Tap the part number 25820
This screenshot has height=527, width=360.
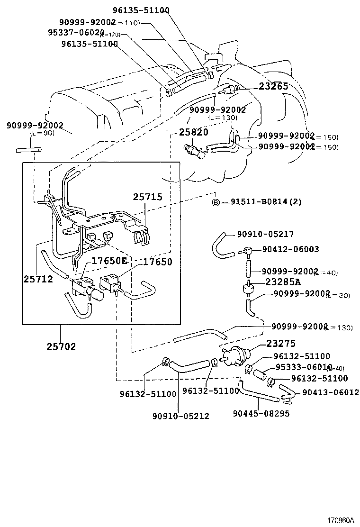pos(193,132)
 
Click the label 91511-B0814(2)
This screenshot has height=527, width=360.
pos(266,202)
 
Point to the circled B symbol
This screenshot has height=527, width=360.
pos(216,202)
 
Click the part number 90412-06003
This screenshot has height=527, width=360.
pos(291,249)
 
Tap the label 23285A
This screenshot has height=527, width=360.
pos(283,282)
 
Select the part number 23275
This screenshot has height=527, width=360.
pos(281,343)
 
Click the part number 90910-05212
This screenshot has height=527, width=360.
pos(180,416)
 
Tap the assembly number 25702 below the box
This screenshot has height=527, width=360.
pos(61,346)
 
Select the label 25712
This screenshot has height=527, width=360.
pos(38,279)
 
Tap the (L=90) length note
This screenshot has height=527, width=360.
pos(43,133)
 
